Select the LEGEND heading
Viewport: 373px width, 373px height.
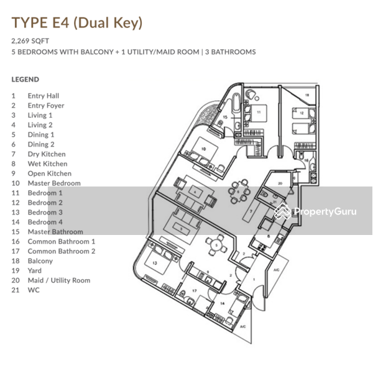[x=25, y=80]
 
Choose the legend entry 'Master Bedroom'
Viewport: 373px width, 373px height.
[x=53, y=183]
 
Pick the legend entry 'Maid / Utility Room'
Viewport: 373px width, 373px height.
[x=58, y=280]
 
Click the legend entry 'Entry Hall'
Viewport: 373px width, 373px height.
[x=43, y=96]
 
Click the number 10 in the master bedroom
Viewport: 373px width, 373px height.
[x=203, y=149]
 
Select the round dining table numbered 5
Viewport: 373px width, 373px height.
[x=215, y=246]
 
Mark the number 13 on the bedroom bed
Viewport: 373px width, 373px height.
[x=154, y=263]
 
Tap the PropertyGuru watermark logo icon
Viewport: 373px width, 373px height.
[x=282, y=212]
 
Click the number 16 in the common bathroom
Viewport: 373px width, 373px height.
[x=306, y=160]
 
